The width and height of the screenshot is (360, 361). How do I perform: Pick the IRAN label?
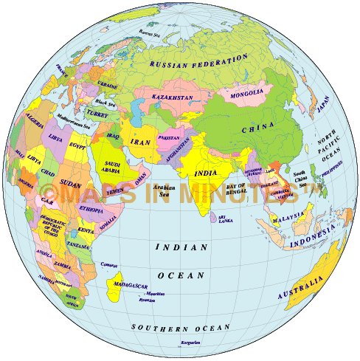[140, 141]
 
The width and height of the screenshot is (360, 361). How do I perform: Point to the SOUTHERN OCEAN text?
[180, 326]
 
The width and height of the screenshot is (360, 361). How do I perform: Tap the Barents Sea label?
[150, 32]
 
